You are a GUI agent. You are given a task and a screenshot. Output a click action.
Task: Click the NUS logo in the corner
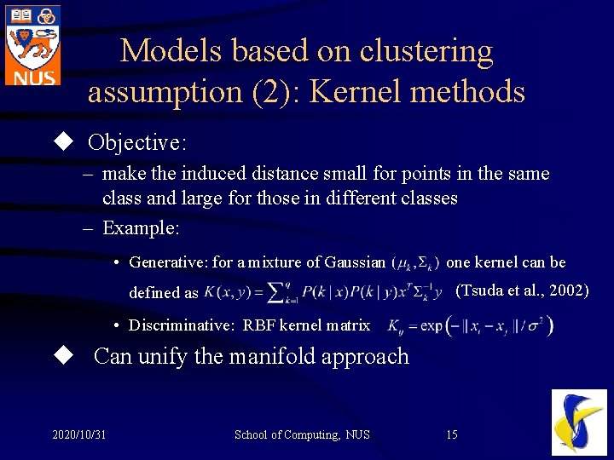tap(32, 44)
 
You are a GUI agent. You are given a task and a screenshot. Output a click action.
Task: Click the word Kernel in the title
tap(354, 91)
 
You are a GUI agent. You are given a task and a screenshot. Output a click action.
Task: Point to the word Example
tap(141, 227)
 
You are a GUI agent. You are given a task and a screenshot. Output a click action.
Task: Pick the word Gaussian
tap(354, 262)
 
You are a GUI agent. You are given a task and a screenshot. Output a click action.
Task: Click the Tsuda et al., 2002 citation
tap(522, 290)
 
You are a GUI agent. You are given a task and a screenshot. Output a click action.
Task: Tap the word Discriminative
tap(181, 325)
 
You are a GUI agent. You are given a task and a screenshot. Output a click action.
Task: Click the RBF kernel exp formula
tap(470, 325)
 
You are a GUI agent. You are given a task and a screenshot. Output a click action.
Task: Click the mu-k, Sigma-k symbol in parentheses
tap(415, 262)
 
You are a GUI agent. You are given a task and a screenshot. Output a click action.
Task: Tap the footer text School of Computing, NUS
tap(302, 435)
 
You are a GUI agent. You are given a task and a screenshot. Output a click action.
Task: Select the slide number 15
tap(452, 435)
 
